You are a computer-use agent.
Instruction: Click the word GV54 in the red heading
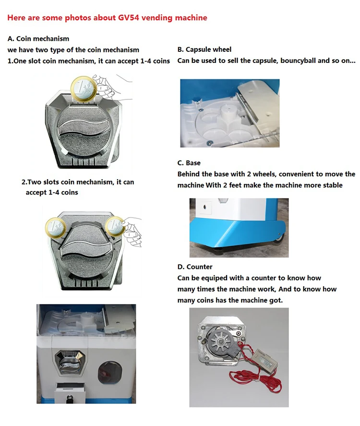tap(128, 18)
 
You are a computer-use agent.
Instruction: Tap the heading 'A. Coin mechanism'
tap(38, 38)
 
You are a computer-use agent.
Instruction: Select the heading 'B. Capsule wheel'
tap(204, 49)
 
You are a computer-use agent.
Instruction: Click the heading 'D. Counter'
tap(195, 267)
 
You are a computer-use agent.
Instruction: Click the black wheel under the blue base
tap(279, 239)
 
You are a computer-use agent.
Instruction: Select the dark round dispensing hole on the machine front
tap(110, 373)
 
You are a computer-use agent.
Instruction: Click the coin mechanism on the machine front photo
tap(70, 363)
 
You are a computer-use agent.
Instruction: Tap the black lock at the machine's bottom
tap(70, 399)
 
